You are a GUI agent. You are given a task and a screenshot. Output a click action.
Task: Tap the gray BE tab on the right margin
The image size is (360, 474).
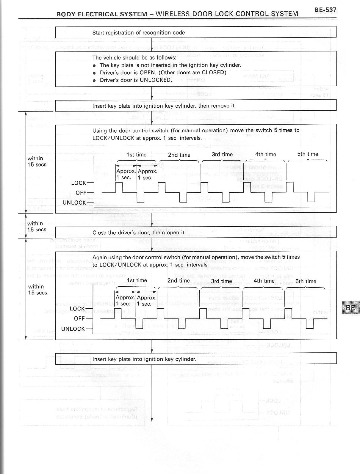point(351,307)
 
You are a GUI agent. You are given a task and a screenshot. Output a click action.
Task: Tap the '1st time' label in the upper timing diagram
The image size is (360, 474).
point(137,155)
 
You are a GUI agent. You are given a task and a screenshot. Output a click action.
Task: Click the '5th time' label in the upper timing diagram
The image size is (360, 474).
point(308,154)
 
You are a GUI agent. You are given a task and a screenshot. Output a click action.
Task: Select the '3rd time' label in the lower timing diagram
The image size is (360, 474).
point(221,281)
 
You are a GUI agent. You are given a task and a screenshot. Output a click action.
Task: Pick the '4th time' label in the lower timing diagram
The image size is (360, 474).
point(264,281)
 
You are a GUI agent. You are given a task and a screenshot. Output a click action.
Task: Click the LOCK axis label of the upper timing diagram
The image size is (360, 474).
point(79,183)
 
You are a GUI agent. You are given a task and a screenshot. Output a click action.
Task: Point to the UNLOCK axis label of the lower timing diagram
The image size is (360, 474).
point(73,329)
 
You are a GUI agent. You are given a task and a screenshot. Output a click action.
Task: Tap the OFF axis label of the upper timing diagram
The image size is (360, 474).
point(81,193)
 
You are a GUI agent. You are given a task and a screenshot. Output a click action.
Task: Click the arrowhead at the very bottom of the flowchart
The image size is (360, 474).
point(152,419)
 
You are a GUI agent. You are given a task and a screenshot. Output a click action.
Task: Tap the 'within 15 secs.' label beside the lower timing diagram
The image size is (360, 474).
point(38,290)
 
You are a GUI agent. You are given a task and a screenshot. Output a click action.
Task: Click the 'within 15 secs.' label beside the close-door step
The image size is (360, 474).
point(37,227)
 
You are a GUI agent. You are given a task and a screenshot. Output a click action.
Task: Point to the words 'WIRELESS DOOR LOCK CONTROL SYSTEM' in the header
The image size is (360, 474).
point(227,14)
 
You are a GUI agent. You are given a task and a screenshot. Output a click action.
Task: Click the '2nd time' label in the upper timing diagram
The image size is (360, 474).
point(179,155)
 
